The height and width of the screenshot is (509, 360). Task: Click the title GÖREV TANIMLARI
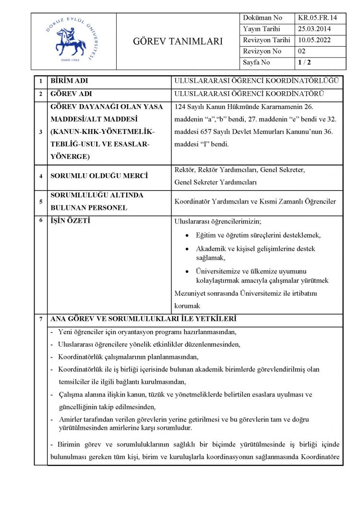[178, 41]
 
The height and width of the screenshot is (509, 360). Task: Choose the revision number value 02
[302, 51]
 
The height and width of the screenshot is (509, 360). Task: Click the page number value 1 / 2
[304, 62]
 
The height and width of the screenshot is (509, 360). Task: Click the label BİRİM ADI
[69, 81]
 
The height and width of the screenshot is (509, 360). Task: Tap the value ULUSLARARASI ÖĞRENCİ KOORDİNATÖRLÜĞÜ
[257, 81]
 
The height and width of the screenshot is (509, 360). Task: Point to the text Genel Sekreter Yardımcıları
[216, 182]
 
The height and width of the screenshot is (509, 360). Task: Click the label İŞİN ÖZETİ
[71, 221]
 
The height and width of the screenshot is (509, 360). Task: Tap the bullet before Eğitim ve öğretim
[187, 235]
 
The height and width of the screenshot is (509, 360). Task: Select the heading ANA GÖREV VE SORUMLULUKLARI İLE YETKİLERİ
[143, 319]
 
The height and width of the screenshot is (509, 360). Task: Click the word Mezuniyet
[191, 293]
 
